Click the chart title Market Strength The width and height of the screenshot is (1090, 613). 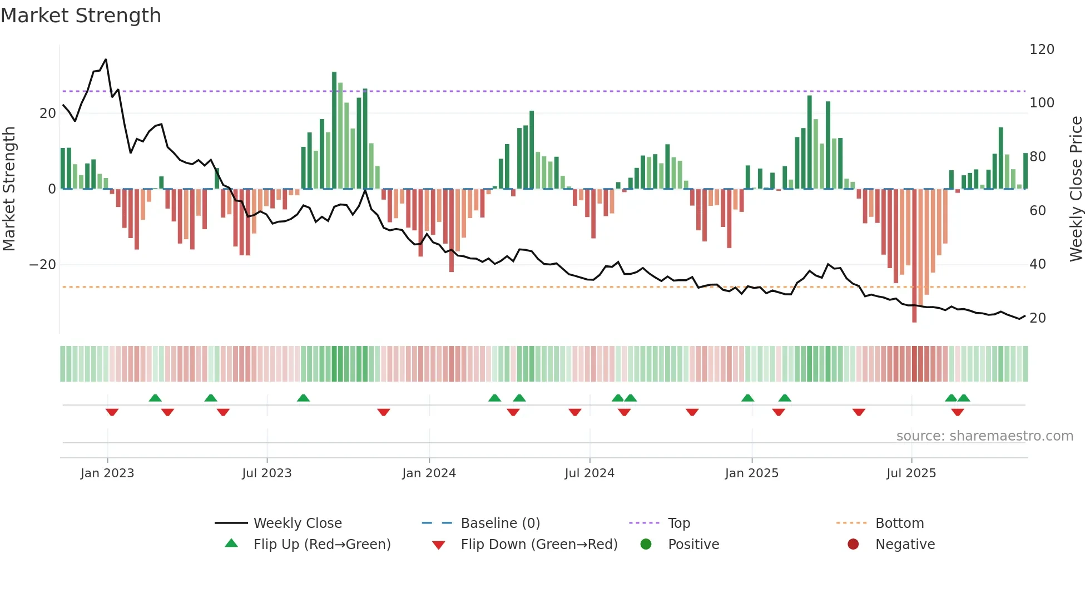(x=81, y=16)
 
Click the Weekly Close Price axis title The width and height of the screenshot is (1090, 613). (x=1076, y=189)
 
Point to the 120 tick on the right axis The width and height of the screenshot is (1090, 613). (x=1042, y=50)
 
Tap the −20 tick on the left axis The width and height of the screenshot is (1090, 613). (x=43, y=265)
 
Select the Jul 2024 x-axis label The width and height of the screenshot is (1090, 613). (x=589, y=473)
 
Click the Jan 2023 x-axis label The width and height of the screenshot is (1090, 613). (x=107, y=473)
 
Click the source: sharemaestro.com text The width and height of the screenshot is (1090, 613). (x=984, y=436)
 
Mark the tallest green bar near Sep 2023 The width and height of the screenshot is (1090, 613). (x=334, y=131)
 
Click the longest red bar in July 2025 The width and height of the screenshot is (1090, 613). (x=914, y=256)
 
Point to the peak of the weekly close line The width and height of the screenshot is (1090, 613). (x=106, y=60)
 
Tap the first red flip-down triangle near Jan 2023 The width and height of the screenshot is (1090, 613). (x=112, y=412)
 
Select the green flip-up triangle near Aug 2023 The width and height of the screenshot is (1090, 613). (x=303, y=398)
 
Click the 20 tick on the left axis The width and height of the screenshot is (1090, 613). (x=48, y=113)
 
